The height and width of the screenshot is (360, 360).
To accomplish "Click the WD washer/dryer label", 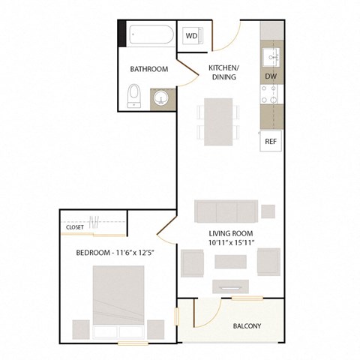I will coord(191,36).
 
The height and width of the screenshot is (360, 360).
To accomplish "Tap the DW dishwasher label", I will coord(271,76).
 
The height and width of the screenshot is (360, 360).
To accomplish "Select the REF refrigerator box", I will coord(271,140).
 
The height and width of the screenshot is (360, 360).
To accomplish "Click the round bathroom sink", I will coord(160,98).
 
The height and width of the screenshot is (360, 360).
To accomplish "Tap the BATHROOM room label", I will coord(148,69).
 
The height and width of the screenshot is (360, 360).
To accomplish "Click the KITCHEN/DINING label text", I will coord(223,72).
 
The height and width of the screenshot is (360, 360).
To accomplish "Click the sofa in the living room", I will coord(225,211).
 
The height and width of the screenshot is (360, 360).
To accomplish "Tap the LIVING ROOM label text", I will coord(232,232).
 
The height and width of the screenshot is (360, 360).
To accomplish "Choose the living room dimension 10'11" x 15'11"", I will coord(232,243).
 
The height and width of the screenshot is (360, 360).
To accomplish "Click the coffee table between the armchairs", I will coord(230,262).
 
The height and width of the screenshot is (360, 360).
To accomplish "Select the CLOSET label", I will coord(75,226).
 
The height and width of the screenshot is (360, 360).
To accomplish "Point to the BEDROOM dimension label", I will coord(114,253).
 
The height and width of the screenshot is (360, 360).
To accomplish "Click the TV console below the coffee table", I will coord(230,285).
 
